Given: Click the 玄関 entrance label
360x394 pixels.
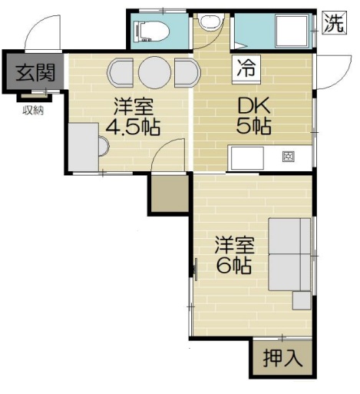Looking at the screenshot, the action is point(35,72).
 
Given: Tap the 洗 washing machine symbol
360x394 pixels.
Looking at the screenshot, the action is point(335,23).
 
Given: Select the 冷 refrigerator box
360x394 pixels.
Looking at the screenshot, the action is point(246,69).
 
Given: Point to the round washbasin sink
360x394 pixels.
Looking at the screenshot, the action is point(211,22).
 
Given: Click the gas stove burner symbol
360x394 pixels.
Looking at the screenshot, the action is point(289,157).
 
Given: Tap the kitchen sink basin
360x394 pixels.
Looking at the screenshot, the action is point(247,159).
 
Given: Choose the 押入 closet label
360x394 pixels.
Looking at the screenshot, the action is point(282,359).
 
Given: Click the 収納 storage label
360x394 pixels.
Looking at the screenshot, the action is point(33,111).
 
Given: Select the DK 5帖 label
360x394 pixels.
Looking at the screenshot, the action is point(253,117).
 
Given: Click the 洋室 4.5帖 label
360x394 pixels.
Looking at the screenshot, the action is point(133,117).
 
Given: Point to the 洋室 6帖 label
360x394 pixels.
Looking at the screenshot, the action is point(234,256).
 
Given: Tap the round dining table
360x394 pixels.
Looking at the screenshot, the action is point(154,72).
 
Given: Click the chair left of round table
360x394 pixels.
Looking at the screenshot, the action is point(121,72).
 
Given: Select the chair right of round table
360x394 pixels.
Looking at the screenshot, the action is point(187,72).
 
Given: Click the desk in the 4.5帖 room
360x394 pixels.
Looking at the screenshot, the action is point(84,147).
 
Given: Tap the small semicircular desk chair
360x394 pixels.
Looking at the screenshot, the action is point(104,146).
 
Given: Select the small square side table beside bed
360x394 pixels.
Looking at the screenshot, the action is point(302,300).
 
